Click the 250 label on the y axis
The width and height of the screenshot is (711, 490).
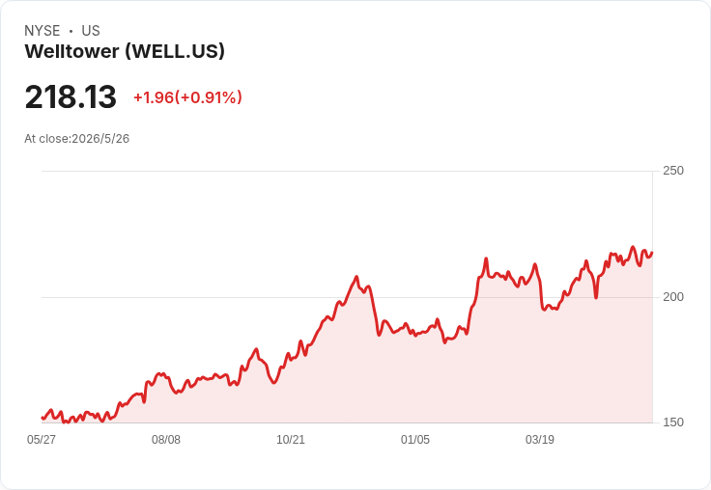tap(673, 171)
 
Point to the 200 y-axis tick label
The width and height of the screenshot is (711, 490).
tap(673, 297)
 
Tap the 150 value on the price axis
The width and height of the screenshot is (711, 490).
tap(673, 422)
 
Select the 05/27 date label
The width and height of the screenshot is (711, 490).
tap(42, 439)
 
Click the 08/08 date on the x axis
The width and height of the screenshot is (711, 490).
tap(166, 439)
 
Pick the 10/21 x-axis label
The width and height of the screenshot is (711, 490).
tap(291, 439)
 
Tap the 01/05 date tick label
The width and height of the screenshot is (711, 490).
tap(414, 439)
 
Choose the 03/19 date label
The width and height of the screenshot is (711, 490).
tap(540, 439)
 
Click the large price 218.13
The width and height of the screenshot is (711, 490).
tap(71, 96)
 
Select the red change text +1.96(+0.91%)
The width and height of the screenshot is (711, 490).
tap(187, 97)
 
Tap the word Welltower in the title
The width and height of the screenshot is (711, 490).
tap(72, 51)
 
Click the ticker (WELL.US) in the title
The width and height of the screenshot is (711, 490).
tap(175, 52)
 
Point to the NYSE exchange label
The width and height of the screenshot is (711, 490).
tap(43, 31)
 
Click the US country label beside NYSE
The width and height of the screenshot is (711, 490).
tap(91, 31)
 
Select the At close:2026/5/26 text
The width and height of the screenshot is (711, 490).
tap(77, 139)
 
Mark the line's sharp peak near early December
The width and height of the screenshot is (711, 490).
tap(356, 276)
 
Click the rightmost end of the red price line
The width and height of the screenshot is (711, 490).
tap(652, 253)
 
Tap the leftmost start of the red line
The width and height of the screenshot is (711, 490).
tap(43, 418)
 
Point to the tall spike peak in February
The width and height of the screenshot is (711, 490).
tap(486, 259)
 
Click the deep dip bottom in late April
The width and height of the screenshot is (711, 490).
tap(596, 297)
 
